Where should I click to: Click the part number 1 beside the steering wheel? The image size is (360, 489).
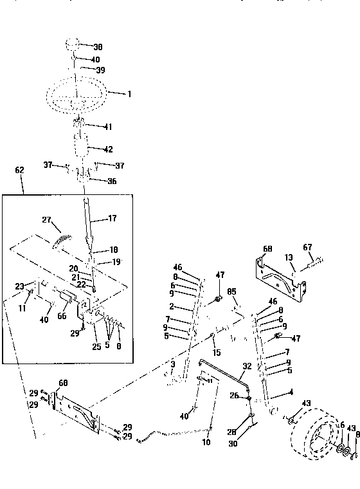(x=129, y=94)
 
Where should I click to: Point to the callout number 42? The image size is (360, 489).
(x=108, y=149)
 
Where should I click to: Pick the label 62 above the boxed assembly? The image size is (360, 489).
(x=20, y=171)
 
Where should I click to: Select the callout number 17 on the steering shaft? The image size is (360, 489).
(x=112, y=219)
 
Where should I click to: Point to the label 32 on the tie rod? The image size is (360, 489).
(x=246, y=366)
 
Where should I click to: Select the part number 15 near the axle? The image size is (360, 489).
(x=217, y=352)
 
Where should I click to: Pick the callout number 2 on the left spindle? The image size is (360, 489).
(x=172, y=307)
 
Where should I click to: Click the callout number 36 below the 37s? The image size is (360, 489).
(x=111, y=181)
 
